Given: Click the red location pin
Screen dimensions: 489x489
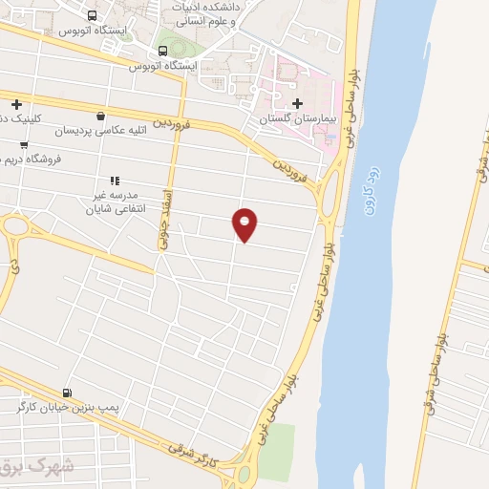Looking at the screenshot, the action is coord(245,224).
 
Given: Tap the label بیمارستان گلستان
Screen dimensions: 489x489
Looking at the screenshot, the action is coord(294,120).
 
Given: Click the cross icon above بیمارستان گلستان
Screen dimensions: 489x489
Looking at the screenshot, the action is coord(297,103).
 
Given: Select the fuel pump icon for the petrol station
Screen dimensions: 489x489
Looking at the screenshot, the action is coord(66,392).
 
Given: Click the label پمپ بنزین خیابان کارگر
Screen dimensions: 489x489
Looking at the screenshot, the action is coord(66,408).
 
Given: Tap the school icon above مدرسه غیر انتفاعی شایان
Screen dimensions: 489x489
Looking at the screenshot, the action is coord(115,180).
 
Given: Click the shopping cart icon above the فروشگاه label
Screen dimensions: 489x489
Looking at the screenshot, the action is coord(24,145).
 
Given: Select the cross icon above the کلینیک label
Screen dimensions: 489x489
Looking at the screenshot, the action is coord(16,103).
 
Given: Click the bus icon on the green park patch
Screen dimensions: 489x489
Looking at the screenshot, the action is coord(164,50).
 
